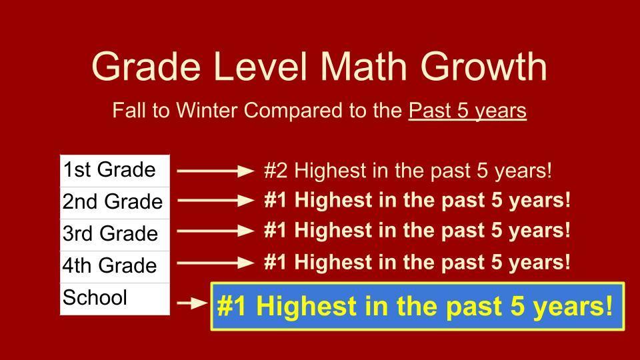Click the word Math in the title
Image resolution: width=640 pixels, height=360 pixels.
pos(368,66)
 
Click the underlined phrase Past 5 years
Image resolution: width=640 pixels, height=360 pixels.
pos(467,110)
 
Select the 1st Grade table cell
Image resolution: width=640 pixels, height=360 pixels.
pos(115,171)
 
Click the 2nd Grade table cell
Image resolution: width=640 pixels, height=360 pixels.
pos(115,202)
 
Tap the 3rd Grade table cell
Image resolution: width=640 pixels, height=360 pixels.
pos(115,234)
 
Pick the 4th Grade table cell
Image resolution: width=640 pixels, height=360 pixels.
pos(115,266)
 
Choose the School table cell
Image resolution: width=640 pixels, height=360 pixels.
pos(115,298)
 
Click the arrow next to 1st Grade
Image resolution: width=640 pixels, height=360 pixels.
pos(215,171)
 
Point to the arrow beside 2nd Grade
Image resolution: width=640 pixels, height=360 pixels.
pos(215,200)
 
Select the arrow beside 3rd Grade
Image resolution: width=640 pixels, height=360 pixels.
pos(215,231)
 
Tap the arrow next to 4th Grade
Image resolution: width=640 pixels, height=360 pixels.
pos(215,263)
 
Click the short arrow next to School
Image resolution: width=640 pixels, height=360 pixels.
pos(193,303)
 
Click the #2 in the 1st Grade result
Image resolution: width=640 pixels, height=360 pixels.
pos(276,171)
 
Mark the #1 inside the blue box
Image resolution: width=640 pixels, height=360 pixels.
pos(233,307)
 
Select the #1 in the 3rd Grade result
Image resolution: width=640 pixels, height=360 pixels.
pos(276,231)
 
